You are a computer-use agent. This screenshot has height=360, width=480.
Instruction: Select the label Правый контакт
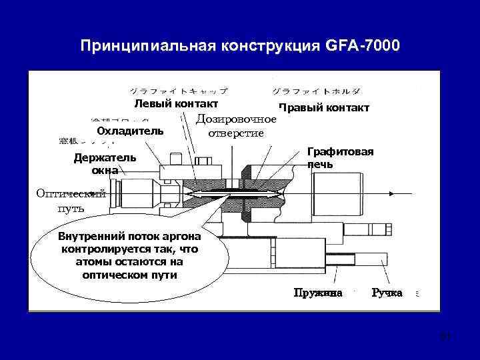[x=324, y=107]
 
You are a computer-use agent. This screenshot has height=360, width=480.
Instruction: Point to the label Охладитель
[x=130, y=130]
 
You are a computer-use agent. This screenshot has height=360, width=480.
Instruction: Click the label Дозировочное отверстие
[x=236, y=126]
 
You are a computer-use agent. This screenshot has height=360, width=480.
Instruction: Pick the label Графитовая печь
[x=340, y=157]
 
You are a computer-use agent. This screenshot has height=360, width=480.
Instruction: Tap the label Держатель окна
[x=105, y=164]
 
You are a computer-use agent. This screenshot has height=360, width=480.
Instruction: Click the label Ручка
[x=387, y=293]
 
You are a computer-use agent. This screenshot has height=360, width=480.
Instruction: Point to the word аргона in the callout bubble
[x=182, y=237]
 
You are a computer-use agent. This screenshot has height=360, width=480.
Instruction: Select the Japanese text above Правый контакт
[x=317, y=90]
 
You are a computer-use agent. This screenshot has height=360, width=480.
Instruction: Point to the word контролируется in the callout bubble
[x=116, y=249]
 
